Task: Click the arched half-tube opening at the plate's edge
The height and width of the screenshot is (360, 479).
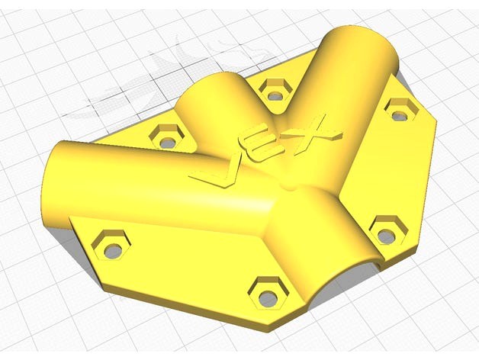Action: pos(343,272)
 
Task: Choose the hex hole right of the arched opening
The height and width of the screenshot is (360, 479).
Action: pos(387,229)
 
